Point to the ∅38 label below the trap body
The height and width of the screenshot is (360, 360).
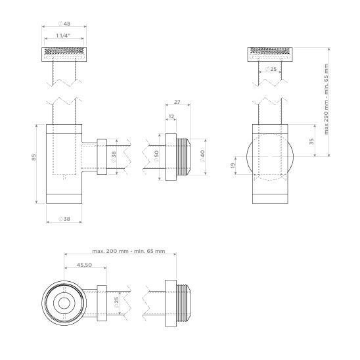(64, 219)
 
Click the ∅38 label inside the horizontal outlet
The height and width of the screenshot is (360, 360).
(113, 158)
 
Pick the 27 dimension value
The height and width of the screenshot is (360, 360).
(177, 103)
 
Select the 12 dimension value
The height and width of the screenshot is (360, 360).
(171, 116)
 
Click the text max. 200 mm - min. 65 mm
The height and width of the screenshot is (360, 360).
(128, 252)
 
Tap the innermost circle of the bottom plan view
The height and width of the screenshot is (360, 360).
(64, 304)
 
